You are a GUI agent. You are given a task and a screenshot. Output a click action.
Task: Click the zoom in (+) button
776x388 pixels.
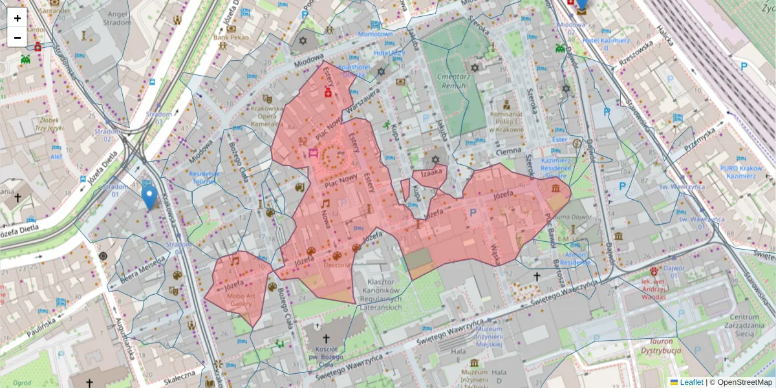coord(17,18)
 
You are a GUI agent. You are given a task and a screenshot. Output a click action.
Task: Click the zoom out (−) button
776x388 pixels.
coord(17,38)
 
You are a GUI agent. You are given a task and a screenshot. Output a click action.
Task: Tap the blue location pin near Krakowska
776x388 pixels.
coord(149,197)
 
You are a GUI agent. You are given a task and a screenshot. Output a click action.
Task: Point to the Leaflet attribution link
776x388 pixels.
coord(691,382)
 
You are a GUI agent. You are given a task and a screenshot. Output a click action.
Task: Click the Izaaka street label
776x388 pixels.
coord(431,173)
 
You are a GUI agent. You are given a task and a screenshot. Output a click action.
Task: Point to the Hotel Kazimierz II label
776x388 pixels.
coord(606,44)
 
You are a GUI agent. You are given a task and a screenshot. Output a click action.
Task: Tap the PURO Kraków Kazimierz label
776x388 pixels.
coord(742,172)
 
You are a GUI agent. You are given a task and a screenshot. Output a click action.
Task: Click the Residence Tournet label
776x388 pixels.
coord(204,178)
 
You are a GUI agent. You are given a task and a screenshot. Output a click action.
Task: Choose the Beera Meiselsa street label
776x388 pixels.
coord(138,270)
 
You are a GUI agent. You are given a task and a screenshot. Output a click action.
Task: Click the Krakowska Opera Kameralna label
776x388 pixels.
coord(266,116)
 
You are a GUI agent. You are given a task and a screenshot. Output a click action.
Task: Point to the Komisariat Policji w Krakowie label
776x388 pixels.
coord(506,122)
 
